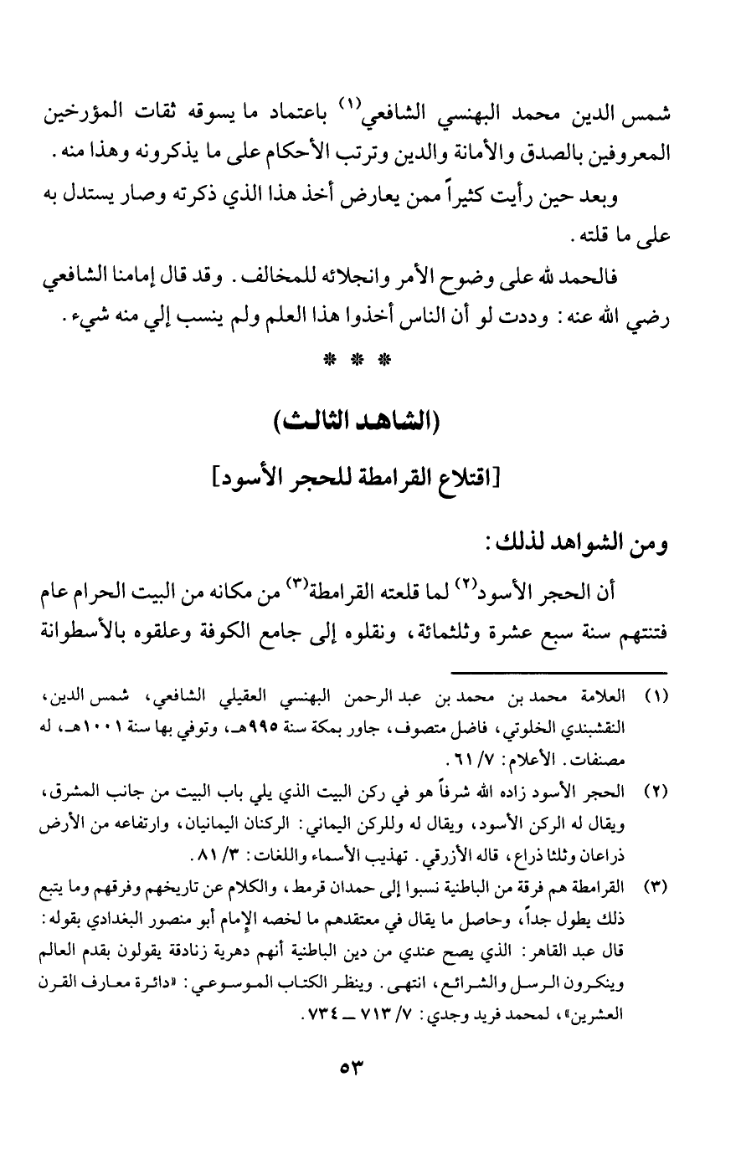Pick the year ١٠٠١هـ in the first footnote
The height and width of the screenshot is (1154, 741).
(x=91, y=721)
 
